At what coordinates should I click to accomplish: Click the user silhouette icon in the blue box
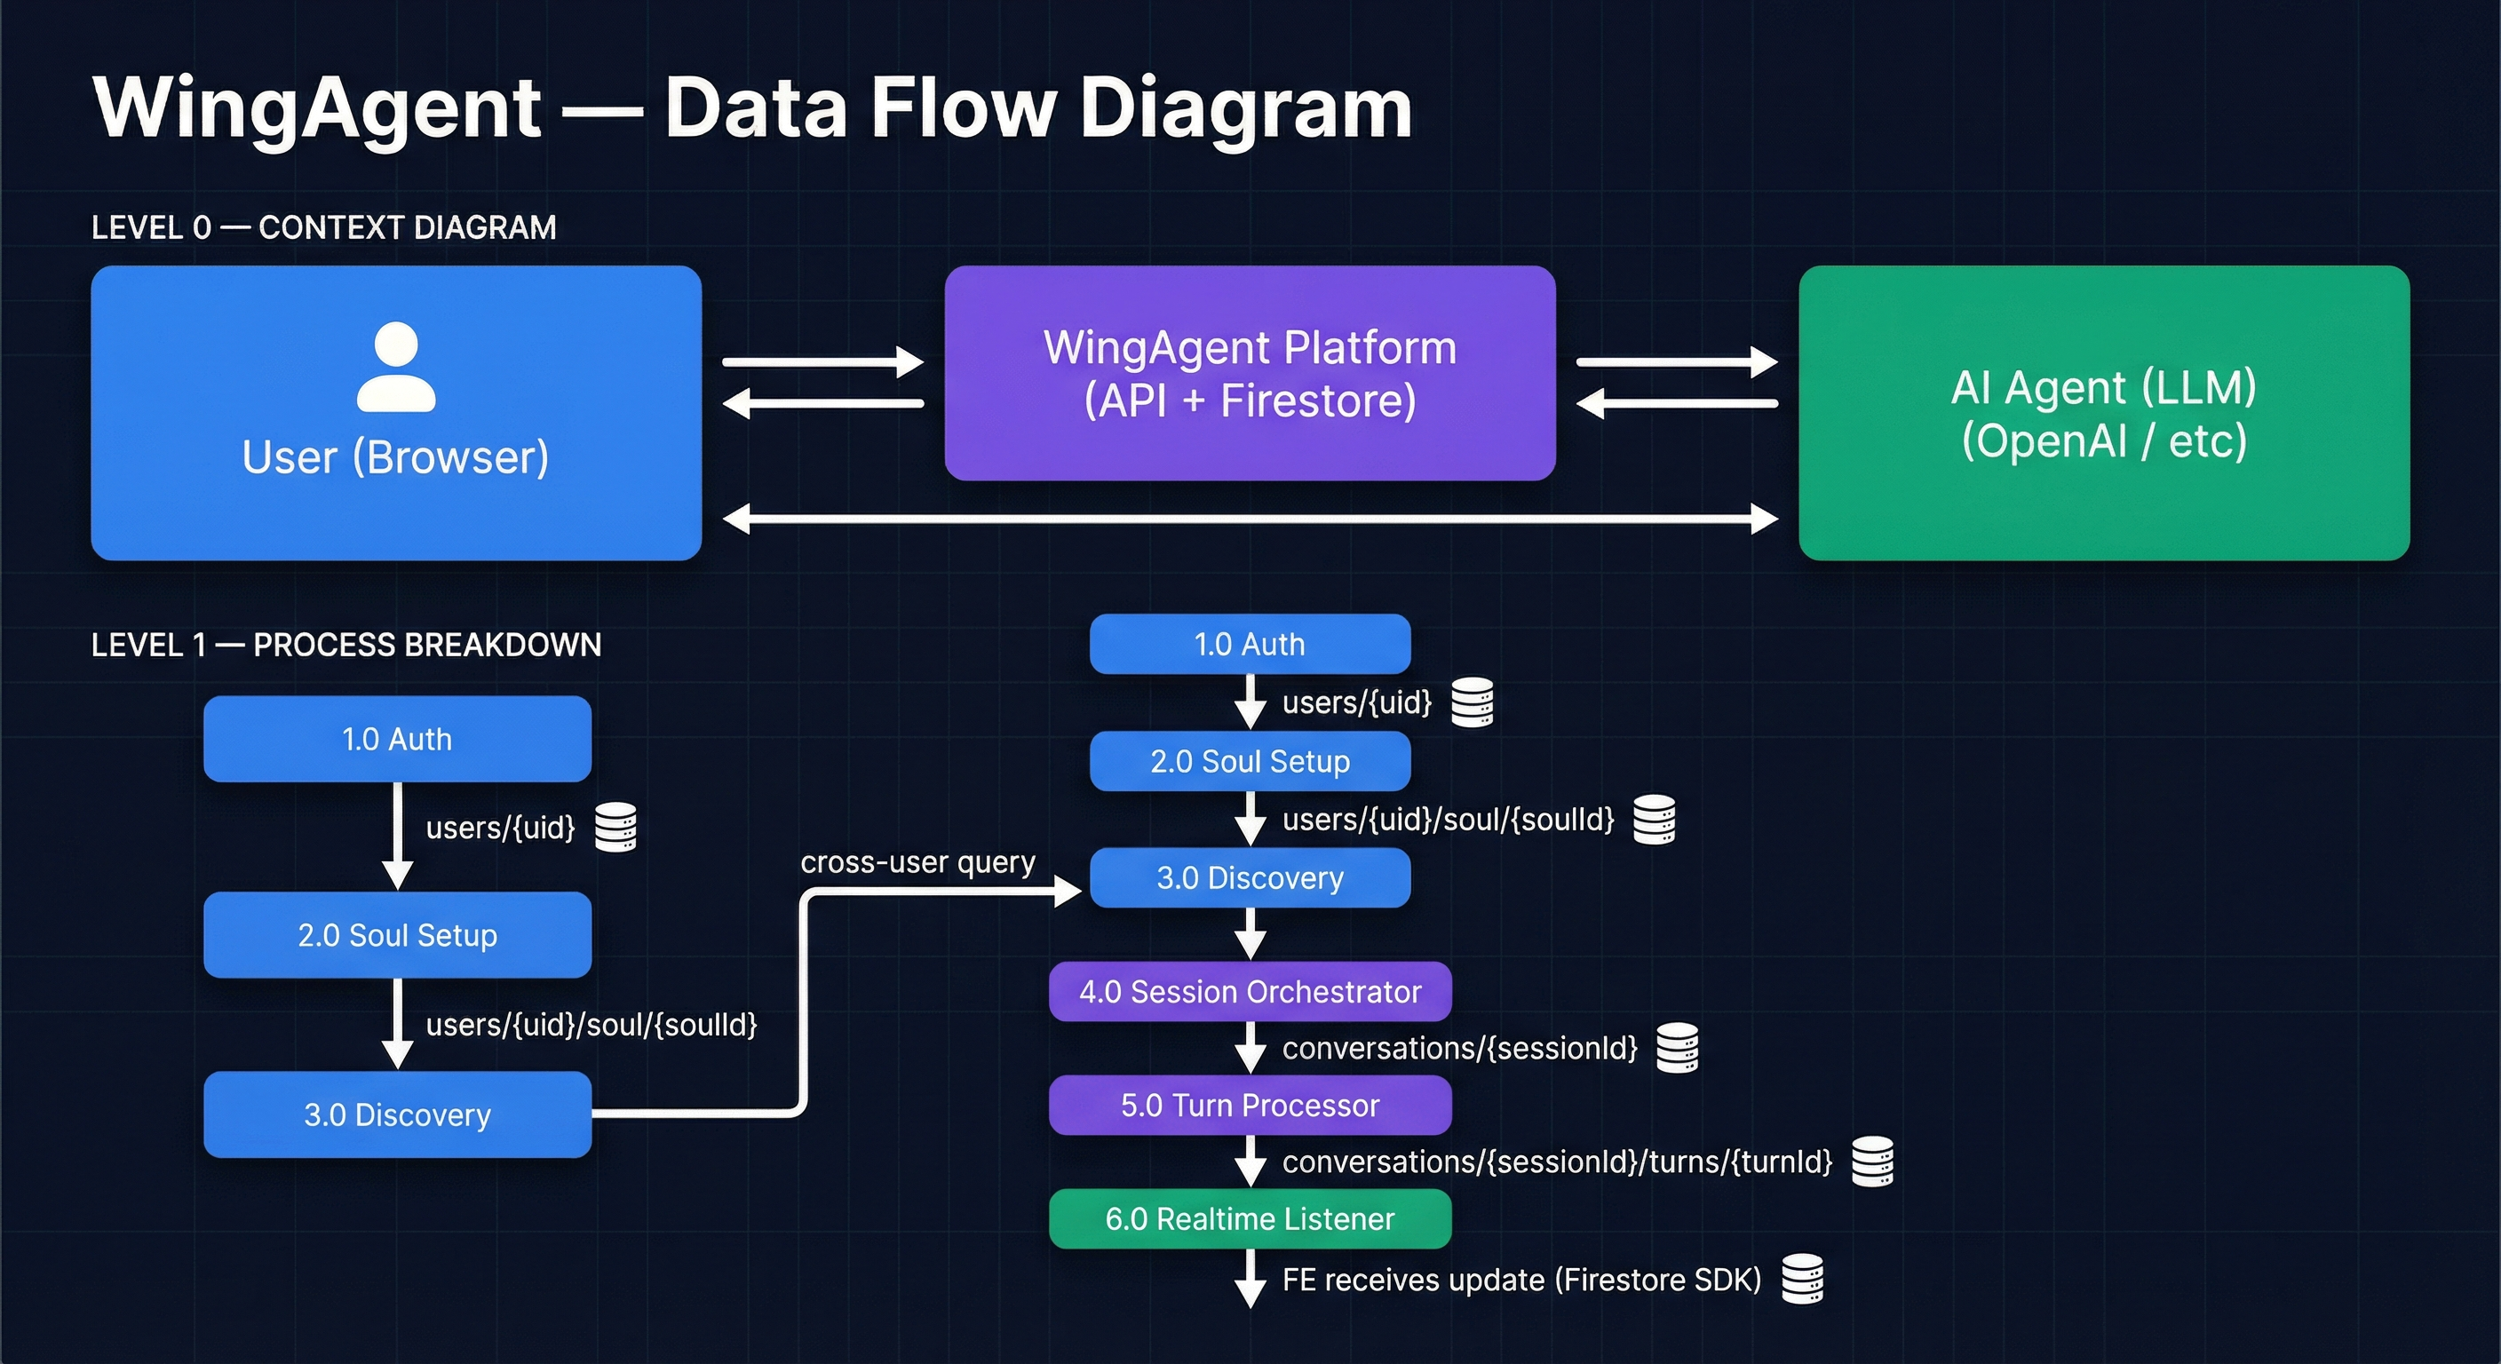pyautogui.click(x=396, y=367)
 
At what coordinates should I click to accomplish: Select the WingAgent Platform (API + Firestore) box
pyautogui.click(x=1250, y=373)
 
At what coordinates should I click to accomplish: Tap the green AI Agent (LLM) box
pyautogui.click(x=2103, y=413)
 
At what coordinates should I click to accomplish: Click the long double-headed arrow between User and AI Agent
pyautogui.click(x=1250, y=519)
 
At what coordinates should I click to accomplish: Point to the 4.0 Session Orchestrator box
pyautogui.click(x=1250, y=991)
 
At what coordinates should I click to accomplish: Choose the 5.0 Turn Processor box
pyautogui.click(x=1250, y=1105)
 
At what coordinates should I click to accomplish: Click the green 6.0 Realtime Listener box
pyautogui.click(x=1250, y=1218)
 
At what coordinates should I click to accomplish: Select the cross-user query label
pyautogui.click(x=917, y=862)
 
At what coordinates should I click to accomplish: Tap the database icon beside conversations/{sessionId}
pyautogui.click(x=1677, y=1048)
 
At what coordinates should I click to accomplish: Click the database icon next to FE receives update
pyautogui.click(x=1802, y=1279)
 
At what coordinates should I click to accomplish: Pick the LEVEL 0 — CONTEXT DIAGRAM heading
pyautogui.click(x=323, y=227)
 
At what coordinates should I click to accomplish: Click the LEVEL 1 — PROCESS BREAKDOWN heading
pyautogui.click(x=345, y=645)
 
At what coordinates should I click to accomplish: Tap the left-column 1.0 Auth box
pyautogui.click(x=397, y=739)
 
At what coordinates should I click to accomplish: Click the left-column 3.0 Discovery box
pyautogui.click(x=397, y=1114)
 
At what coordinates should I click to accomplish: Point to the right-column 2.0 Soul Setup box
pyautogui.click(x=1250, y=761)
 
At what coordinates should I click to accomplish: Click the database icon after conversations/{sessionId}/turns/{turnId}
pyautogui.click(x=1872, y=1162)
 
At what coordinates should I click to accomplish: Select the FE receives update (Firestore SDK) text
pyautogui.click(x=1521, y=1280)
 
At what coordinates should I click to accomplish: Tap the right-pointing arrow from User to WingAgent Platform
pyautogui.click(x=822, y=362)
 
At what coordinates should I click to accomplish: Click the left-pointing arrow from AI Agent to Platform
pyautogui.click(x=1677, y=403)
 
